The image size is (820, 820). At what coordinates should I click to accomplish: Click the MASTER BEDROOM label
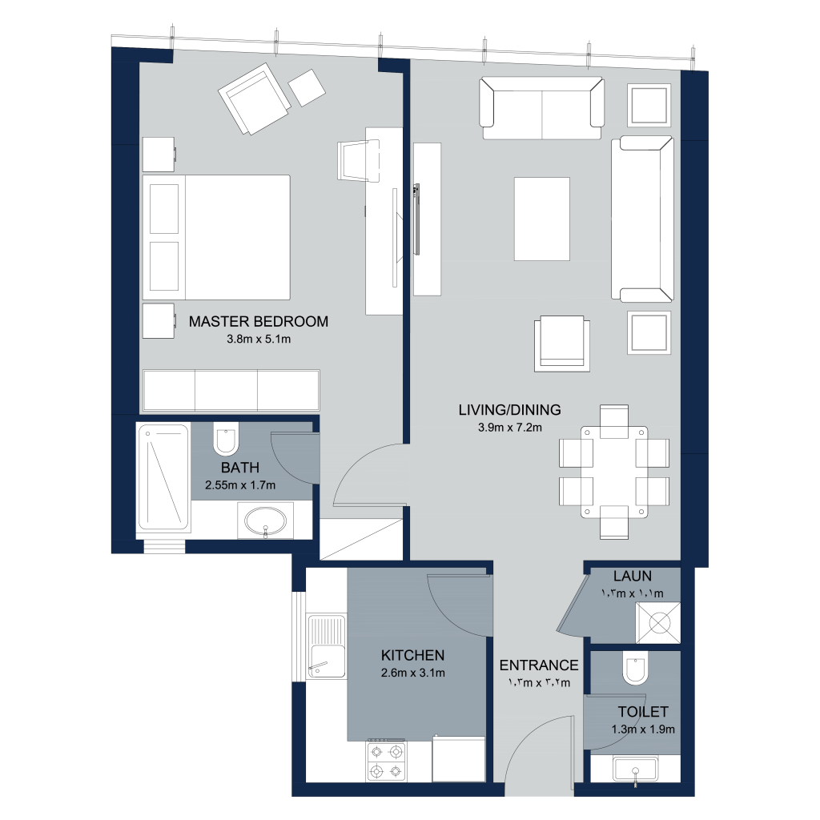coord(259,321)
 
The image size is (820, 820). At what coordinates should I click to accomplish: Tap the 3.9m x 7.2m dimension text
coord(510,428)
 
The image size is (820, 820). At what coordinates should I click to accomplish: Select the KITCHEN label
coord(412,655)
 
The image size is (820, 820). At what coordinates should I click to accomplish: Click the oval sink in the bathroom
coord(266,521)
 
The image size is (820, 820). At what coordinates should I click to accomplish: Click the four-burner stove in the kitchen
coord(387,761)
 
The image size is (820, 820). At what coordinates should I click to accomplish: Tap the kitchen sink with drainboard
coord(327,646)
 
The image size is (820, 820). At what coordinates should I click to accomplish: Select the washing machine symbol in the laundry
coord(658,623)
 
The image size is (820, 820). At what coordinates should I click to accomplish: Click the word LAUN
coord(633,577)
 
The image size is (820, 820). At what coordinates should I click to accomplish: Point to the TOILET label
coord(643,712)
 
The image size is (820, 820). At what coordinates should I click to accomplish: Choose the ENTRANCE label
coord(539,665)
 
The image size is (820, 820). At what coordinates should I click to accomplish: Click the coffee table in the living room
coord(542,219)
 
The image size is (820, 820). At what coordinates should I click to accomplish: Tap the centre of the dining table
coord(614,472)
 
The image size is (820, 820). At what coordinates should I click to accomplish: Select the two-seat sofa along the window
coord(542,108)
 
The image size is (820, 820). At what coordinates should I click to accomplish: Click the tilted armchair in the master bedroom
coord(255,98)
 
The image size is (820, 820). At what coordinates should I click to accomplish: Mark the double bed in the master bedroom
coord(216,237)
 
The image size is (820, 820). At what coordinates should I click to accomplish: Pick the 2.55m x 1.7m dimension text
coord(240,484)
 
